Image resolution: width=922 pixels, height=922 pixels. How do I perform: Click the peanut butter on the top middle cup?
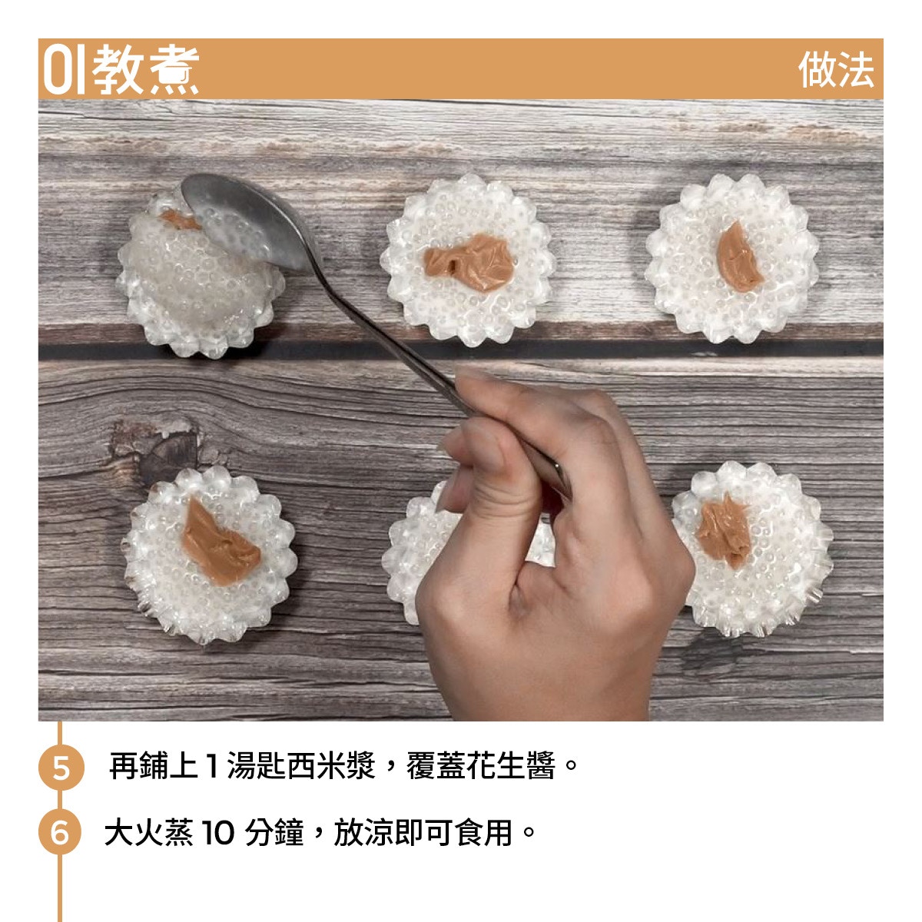(468, 262)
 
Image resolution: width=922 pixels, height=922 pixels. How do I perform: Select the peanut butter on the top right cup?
(738, 257)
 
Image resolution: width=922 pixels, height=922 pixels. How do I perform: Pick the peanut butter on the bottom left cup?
(219, 542)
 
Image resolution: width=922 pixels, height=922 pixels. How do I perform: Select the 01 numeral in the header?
(64, 69)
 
